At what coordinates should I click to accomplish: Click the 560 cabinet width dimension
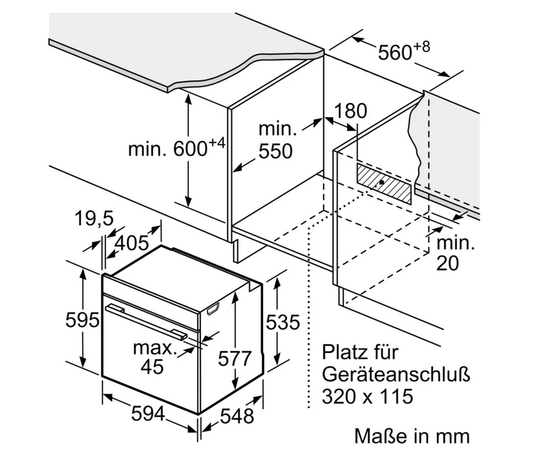click(x=403, y=51)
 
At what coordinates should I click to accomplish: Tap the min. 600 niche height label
click(x=177, y=148)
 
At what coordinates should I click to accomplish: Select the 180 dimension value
click(x=350, y=111)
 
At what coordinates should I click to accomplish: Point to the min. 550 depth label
click(x=277, y=141)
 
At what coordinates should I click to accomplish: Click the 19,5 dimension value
click(x=94, y=218)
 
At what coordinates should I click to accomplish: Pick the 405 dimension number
click(x=131, y=243)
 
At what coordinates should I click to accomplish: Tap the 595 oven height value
click(x=82, y=320)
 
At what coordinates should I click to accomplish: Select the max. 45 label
click(x=154, y=357)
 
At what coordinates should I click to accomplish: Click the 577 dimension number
click(x=235, y=358)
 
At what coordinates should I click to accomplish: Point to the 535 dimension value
click(x=283, y=322)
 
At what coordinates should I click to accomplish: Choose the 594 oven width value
click(x=148, y=413)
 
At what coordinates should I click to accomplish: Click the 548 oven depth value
click(x=237, y=416)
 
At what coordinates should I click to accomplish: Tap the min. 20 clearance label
click(x=456, y=253)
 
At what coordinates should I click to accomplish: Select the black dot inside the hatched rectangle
click(x=382, y=182)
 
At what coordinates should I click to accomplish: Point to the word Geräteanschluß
click(x=396, y=375)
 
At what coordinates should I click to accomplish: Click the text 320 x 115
click(x=367, y=396)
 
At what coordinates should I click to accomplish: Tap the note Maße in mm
click(x=412, y=436)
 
